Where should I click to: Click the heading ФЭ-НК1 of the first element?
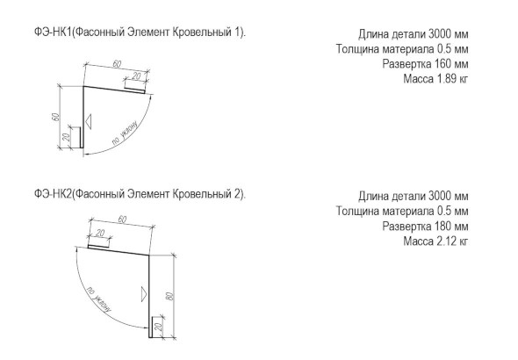pyautogui.click(x=53, y=32)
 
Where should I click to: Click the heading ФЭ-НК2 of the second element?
pyautogui.click(x=53, y=194)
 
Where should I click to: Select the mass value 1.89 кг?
pyautogui.click(x=452, y=79)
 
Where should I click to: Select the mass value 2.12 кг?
pyautogui.click(x=452, y=241)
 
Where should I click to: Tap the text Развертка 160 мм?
pyautogui.click(x=426, y=64)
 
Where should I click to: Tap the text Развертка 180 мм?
pyautogui.click(x=426, y=226)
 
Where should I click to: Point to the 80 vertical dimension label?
pyautogui.click(x=170, y=296)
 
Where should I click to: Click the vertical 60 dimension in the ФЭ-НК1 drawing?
pyautogui.click(x=55, y=117)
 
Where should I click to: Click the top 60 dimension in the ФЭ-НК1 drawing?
pyautogui.click(x=117, y=64)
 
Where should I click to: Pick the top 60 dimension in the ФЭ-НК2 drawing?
pyautogui.click(x=122, y=220)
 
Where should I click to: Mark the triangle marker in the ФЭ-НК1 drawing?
pyautogui.click(x=88, y=121)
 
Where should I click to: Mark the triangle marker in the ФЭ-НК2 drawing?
pyautogui.click(x=144, y=294)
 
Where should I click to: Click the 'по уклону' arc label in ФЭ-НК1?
pyautogui.click(x=125, y=133)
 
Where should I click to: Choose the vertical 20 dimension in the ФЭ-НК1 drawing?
pyautogui.click(x=66, y=137)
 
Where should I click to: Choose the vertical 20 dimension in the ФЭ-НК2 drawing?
pyautogui.click(x=158, y=327)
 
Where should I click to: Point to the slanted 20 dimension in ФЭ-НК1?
pyautogui.click(x=136, y=76)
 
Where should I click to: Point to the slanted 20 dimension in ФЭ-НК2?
pyautogui.click(x=100, y=234)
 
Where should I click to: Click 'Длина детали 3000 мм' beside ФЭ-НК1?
pyautogui.click(x=414, y=34)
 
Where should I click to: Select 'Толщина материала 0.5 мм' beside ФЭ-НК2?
pyautogui.click(x=402, y=211)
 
